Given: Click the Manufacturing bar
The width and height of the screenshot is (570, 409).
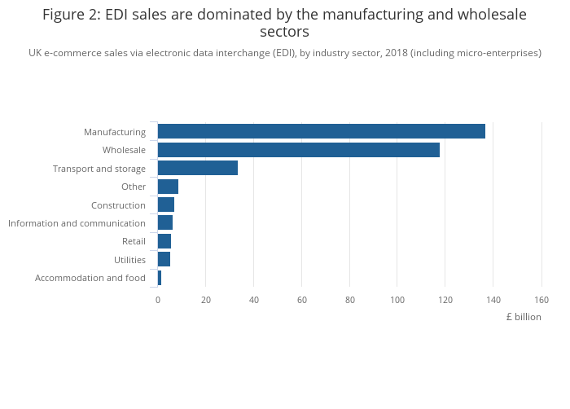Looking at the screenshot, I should tap(321, 131).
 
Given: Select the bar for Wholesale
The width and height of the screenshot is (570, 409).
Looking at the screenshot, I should tap(298, 150).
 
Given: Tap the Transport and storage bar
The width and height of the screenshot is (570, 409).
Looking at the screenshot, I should tap(197, 168).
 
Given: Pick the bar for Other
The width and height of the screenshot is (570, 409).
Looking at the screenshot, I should tap(168, 187).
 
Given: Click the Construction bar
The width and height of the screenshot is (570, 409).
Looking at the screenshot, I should tap(165, 204).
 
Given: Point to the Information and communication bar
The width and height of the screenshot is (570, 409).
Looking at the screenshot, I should tap(164, 222).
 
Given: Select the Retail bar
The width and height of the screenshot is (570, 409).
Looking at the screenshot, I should tap(164, 241).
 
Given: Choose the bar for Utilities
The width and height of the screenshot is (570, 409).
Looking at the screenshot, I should tap(164, 259).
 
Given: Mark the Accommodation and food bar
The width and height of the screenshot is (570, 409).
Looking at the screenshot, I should tap(160, 278).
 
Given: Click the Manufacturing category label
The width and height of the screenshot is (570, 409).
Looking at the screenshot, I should tap(115, 132).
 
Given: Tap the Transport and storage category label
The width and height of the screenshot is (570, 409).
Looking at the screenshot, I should tap(99, 169).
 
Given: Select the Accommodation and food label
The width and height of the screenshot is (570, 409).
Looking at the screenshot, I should tap(90, 278).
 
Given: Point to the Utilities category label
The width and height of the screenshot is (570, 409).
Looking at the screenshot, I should tap(130, 260).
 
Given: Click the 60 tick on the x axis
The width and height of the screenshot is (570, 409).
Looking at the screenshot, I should tap(301, 300).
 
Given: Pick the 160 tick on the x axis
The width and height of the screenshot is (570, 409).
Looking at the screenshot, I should tap(541, 300).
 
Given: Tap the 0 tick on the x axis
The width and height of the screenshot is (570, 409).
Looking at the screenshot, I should tap(158, 300).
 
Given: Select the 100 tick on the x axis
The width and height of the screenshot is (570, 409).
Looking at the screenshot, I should tap(397, 300).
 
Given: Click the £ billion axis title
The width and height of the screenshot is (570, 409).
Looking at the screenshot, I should tap(523, 317).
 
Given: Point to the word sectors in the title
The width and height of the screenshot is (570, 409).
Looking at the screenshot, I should tap(284, 33).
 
